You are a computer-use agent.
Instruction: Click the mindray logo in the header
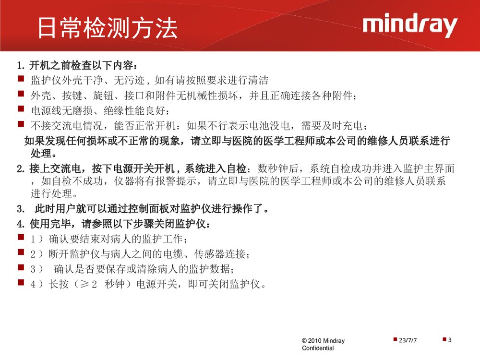click(409, 26)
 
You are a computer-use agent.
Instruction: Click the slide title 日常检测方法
click(108, 28)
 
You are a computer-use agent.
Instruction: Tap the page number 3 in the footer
click(450, 340)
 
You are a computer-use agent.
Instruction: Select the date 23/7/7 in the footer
click(408, 340)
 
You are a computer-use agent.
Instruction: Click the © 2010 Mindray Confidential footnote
click(323, 344)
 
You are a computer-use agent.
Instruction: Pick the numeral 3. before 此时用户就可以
click(21, 209)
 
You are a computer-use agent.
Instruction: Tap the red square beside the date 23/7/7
click(395, 339)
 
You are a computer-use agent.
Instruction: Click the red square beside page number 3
click(444, 339)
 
